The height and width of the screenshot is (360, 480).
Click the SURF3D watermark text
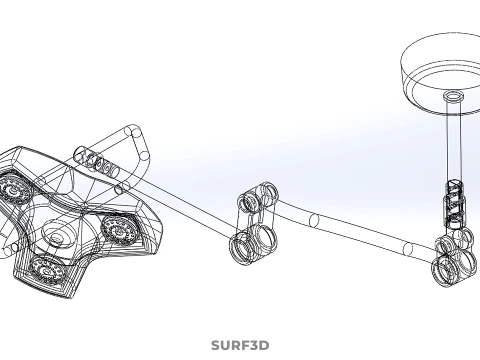click(x=240, y=345)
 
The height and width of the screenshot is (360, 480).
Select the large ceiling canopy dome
click(x=441, y=73)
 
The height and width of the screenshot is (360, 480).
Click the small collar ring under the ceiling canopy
click(x=453, y=96)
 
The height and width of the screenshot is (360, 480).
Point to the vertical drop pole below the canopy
click(x=454, y=140)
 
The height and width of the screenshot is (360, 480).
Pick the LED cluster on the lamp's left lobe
click(x=13, y=188)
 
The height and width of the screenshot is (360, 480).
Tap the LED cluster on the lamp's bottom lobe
click(x=46, y=271)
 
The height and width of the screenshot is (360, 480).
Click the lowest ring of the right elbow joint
click(x=444, y=271)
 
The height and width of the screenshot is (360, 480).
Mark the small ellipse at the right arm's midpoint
click(x=314, y=220)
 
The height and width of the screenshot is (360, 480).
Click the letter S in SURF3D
click(x=215, y=345)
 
